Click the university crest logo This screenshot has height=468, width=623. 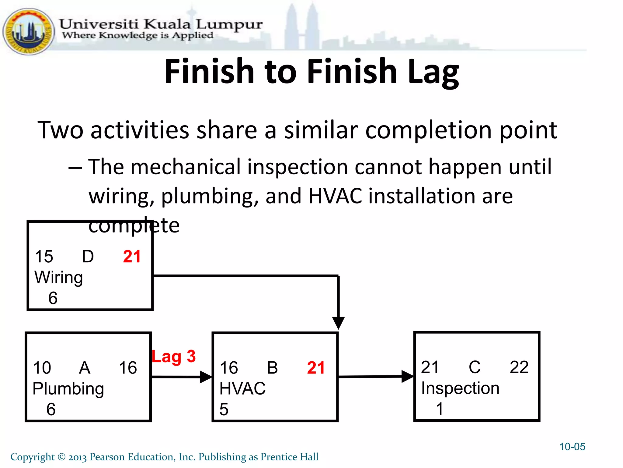click(28, 31)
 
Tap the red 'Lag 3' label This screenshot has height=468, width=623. click(174, 356)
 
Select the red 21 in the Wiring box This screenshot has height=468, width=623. click(132, 257)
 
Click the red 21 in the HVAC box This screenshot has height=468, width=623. click(316, 368)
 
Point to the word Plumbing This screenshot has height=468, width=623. click(68, 389)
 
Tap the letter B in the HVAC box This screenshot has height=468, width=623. click(272, 368)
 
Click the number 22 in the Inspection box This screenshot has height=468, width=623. click(519, 367)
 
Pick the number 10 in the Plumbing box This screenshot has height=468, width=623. click(42, 368)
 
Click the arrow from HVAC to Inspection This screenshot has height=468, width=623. click(376, 377)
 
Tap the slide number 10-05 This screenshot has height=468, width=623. click(572, 447)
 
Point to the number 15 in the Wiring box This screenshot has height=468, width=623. click(44, 257)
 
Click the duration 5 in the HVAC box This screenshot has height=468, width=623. click(224, 409)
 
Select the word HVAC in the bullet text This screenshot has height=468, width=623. click(335, 196)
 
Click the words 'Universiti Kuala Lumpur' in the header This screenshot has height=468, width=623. click(160, 24)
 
